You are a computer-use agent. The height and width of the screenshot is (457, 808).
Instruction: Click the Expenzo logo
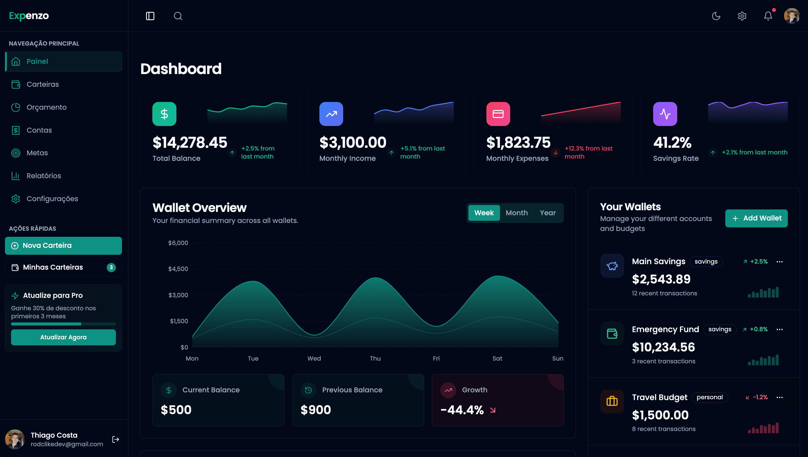[x=29, y=16]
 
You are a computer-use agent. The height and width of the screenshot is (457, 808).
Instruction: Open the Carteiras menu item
[x=42, y=84]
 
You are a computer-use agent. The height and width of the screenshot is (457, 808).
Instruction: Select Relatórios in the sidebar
[x=44, y=176]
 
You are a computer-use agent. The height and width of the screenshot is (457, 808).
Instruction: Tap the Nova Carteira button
[x=63, y=245]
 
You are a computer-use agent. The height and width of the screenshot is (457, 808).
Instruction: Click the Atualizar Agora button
[x=63, y=337]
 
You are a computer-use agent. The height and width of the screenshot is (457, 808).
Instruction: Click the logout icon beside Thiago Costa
[x=116, y=439]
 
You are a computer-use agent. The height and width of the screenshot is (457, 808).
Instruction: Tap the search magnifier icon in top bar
[x=178, y=16]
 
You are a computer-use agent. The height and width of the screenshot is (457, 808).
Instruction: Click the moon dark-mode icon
[x=716, y=16]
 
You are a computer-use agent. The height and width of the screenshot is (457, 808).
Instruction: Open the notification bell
[x=768, y=16]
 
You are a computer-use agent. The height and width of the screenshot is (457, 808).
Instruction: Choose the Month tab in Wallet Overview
[x=517, y=213]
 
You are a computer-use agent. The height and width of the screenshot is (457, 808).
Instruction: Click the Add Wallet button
[x=756, y=218]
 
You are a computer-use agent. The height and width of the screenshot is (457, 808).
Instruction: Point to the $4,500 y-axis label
[x=178, y=269]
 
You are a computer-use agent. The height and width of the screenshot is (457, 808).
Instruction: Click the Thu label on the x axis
[x=375, y=358]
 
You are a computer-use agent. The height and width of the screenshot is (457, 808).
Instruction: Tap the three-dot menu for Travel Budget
[x=780, y=397]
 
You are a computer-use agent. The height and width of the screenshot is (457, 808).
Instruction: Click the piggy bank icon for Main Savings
[x=612, y=266]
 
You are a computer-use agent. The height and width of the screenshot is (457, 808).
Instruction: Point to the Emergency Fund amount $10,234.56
[x=663, y=347]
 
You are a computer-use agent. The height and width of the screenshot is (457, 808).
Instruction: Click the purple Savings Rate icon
[x=665, y=114]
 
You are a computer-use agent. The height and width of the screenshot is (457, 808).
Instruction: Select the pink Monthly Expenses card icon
[x=498, y=114]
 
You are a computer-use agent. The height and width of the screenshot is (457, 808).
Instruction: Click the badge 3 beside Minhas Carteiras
[x=111, y=267]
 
